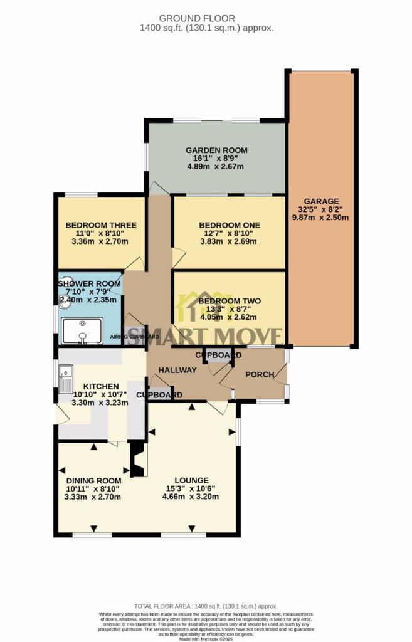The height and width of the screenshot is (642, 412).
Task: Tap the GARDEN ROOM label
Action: (216, 150)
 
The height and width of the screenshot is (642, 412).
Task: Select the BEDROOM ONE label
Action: (229, 225)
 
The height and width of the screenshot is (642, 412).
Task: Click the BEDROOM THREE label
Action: (101, 225)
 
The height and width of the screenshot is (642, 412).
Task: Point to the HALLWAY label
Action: (177, 371)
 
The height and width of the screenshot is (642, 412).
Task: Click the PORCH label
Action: (259, 374)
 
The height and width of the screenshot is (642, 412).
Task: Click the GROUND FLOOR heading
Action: (206, 18)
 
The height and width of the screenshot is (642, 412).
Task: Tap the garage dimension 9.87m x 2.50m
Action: (320, 218)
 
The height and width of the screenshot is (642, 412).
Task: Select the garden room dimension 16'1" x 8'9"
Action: (216, 159)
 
